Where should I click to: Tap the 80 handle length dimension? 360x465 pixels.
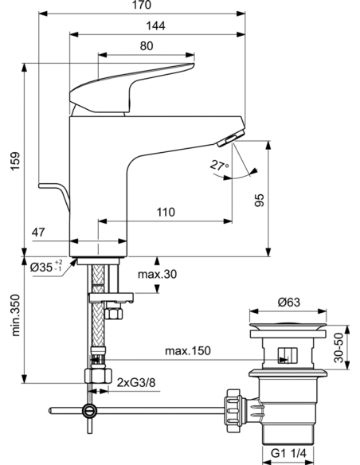click(x=146, y=46)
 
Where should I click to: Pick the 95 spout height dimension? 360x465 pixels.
click(x=259, y=201)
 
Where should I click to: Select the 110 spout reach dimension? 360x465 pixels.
click(x=165, y=213)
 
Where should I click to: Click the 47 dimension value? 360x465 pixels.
click(x=38, y=233)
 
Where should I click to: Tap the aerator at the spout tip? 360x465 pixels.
click(x=228, y=139)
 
